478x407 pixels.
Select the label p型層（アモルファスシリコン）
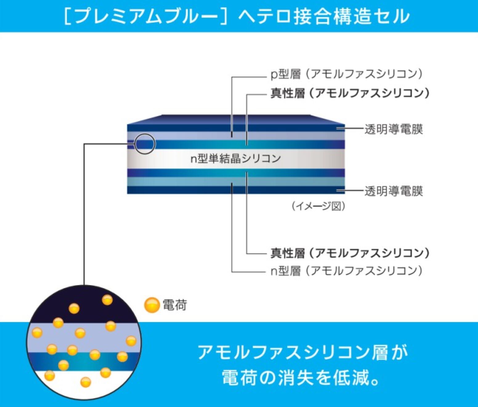click(x=347, y=74)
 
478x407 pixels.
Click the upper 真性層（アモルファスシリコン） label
click(x=350, y=93)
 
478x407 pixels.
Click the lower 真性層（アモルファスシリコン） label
click(x=350, y=253)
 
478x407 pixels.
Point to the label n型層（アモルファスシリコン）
click(x=347, y=271)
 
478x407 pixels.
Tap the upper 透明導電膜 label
click(x=394, y=129)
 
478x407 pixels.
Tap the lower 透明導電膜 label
click(x=394, y=191)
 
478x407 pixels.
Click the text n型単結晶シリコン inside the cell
click(x=236, y=158)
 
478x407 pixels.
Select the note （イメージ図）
click(x=318, y=206)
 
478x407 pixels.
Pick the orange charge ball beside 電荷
click(x=152, y=305)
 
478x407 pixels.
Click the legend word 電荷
click(x=175, y=305)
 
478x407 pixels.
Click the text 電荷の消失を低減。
click(x=300, y=377)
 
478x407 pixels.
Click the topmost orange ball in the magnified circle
click(x=107, y=299)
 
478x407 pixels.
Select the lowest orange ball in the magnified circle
click(x=86, y=382)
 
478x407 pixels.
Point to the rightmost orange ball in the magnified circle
click(x=131, y=341)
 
